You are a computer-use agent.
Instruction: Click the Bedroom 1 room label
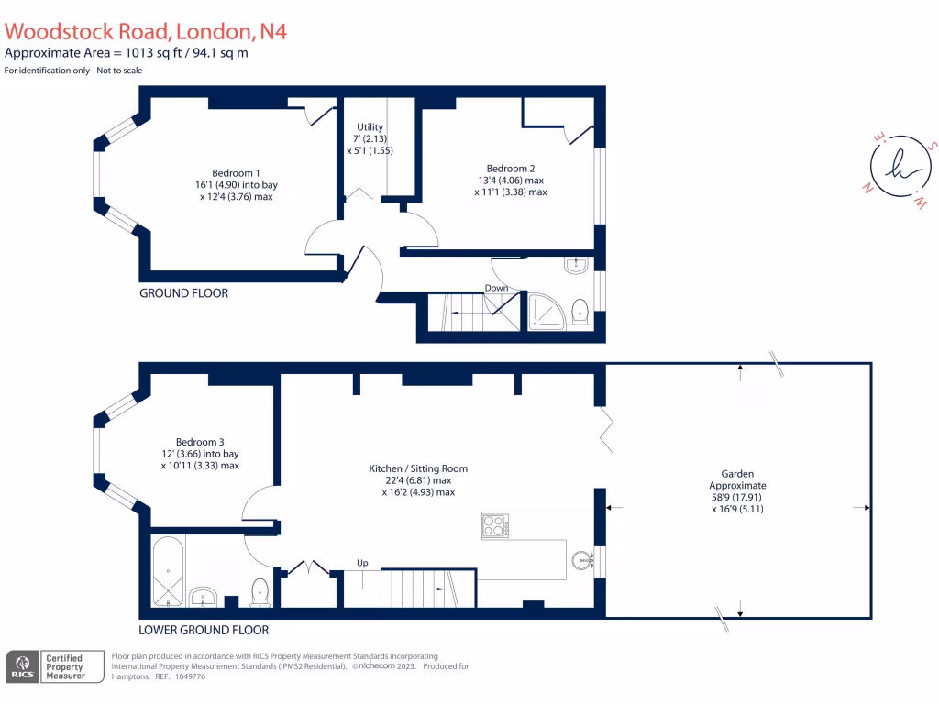236,173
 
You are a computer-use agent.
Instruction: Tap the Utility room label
370,127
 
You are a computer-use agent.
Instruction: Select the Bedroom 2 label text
510,169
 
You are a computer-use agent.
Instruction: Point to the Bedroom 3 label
200,443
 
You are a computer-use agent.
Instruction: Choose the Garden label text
737,474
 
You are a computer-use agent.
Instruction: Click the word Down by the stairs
496,288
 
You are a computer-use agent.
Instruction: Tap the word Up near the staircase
363,562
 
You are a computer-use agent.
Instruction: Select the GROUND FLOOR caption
183,293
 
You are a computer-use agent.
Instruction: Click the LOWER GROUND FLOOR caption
204,630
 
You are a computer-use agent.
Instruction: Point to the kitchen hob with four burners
495,525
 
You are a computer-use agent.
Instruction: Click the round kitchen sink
580,561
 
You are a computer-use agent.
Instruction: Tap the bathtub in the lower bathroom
169,572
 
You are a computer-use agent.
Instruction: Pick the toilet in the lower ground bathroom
259,591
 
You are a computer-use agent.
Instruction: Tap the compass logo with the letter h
896,168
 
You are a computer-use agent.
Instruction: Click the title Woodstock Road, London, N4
146,31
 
